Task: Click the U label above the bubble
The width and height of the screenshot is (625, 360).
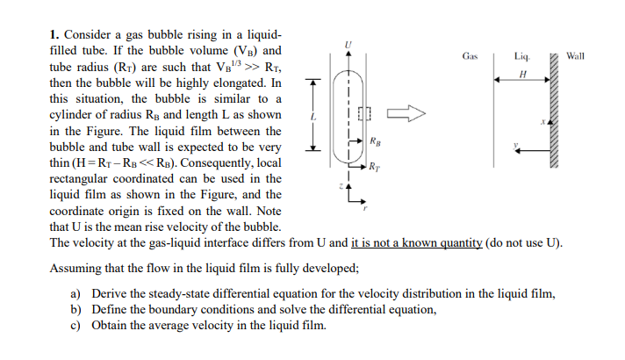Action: click(348, 42)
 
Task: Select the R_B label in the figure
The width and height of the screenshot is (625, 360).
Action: click(376, 140)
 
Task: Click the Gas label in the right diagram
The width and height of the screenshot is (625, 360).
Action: click(470, 56)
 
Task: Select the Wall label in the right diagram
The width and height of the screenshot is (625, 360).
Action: click(577, 56)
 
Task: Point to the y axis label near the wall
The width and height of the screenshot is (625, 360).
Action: click(516, 146)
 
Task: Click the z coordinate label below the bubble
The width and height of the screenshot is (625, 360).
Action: click(341, 186)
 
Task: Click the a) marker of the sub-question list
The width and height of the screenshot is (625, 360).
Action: click(75, 294)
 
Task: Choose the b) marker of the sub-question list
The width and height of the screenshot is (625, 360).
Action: click(75, 310)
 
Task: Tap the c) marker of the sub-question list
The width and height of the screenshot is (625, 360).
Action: click(75, 326)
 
